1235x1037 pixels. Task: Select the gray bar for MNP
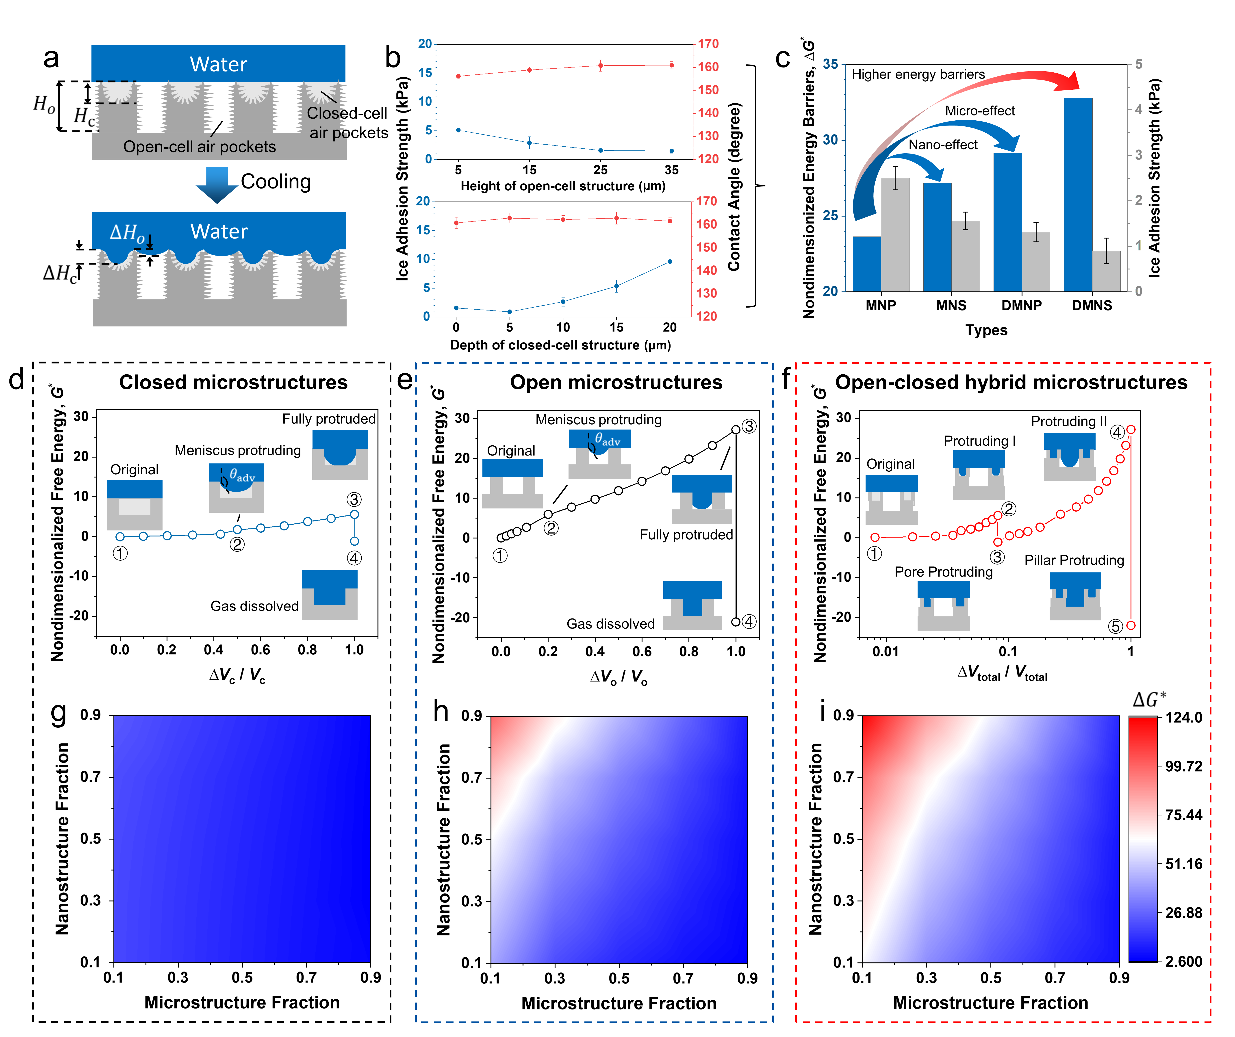click(894, 235)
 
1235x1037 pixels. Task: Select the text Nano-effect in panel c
click(943, 145)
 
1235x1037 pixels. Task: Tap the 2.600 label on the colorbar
click(1184, 962)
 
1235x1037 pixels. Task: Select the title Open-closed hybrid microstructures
click(1011, 382)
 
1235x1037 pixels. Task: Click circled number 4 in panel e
click(749, 622)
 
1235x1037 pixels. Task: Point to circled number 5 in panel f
click(1115, 626)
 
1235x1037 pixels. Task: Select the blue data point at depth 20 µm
click(670, 262)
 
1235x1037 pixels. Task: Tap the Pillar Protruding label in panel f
click(1074, 560)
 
